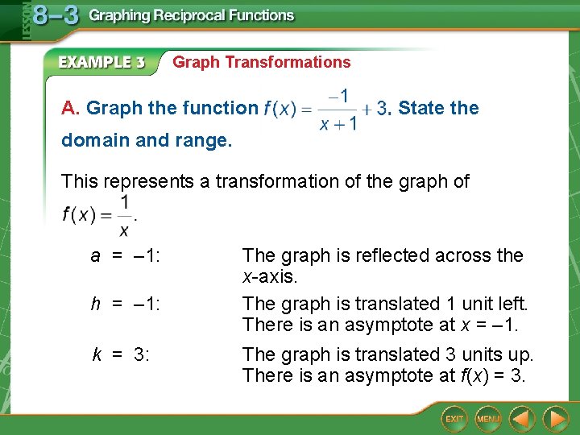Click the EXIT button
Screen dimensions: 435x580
pos(454,419)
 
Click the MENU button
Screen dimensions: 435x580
pos(488,419)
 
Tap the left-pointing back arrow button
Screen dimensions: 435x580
pos(523,419)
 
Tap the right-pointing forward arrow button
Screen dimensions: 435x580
pos(555,419)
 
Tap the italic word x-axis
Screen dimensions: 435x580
pos(270,276)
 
